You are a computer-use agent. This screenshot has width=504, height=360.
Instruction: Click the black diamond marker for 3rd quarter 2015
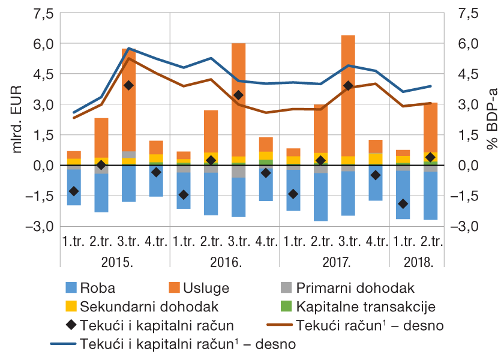pyautogui.click(x=128, y=85)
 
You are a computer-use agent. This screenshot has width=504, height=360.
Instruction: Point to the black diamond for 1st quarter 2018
pyautogui.click(x=403, y=204)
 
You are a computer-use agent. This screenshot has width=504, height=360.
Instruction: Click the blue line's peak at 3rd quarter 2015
pyautogui.click(x=128, y=48)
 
